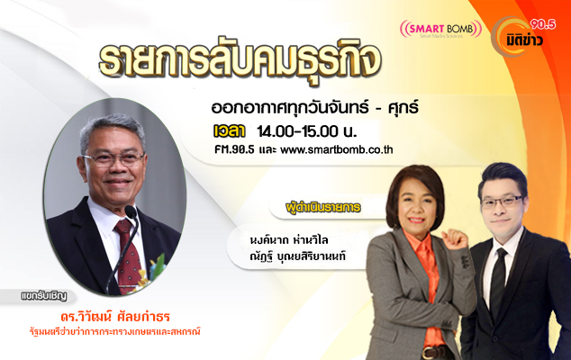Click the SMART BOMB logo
(x=440, y=29)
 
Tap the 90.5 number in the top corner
(x=543, y=24)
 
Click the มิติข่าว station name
(x=525, y=40)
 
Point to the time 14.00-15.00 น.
(x=307, y=131)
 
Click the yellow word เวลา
(x=230, y=131)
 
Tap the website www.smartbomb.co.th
(x=337, y=149)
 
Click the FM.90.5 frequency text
(x=234, y=149)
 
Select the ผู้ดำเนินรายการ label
(x=323, y=208)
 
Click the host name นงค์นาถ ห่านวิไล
(x=289, y=240)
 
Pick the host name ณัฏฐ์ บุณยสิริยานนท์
(x=297, y=256)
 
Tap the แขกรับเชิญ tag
(x=44, y=295)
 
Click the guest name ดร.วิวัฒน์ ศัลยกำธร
(x=115, y=316)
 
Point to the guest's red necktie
(x=128, y=255)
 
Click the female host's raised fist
(x=455, y=239)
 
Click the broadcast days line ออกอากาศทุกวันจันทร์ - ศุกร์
(x=314, y=108)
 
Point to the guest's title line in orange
(x=115, y=331)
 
